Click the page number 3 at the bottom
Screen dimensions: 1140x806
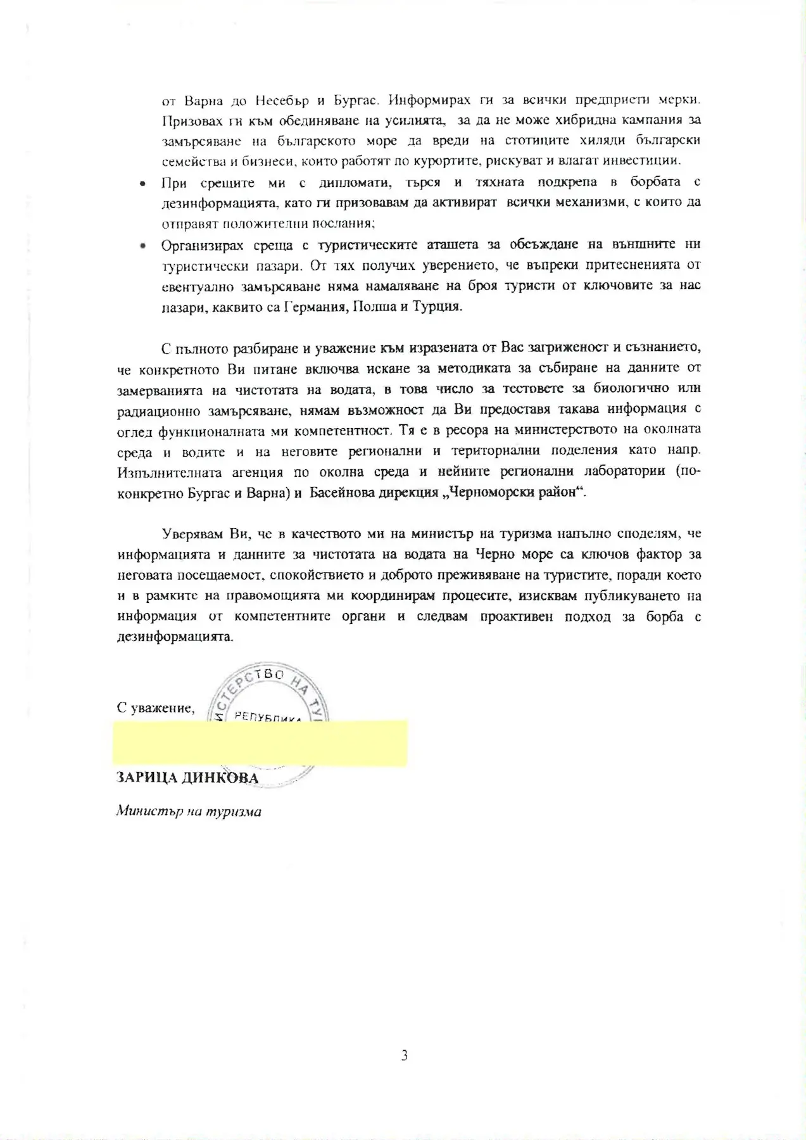(404, 1056)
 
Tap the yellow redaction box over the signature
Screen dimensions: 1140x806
(260, 743)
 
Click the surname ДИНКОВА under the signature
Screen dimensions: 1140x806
(220, 778)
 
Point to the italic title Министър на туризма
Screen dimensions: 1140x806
(189, 811)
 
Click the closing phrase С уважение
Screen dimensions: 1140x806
(155, 707)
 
